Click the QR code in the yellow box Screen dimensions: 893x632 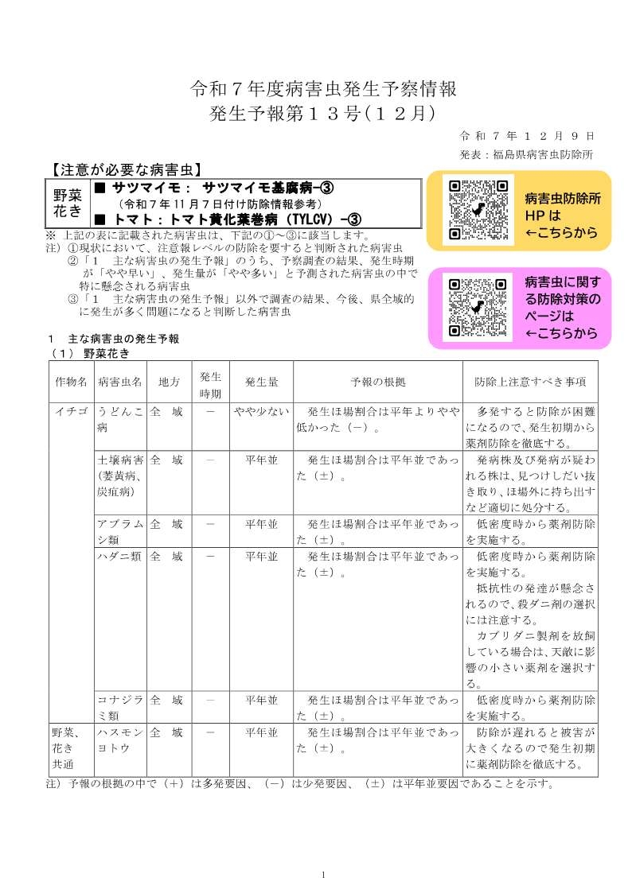coord(478,210)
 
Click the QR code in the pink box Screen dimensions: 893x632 coord(478,308)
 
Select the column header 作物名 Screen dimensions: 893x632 coord(71,382)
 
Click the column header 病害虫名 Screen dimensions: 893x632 coord(119,382)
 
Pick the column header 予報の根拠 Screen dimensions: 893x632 coord(378,382)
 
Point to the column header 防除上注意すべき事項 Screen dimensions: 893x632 coord(530,382)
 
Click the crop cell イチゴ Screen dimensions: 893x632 coord(71,412)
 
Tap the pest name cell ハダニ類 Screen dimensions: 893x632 coord(119,556)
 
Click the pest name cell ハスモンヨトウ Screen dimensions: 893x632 coord(119,740)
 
